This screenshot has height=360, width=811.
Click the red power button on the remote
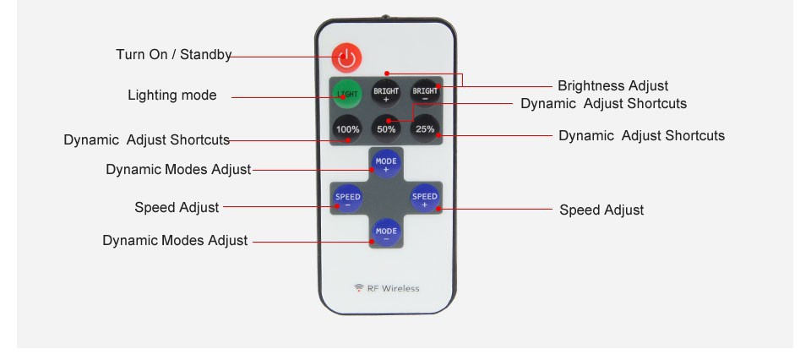click(346, 57)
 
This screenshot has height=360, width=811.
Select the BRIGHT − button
click(425, 93)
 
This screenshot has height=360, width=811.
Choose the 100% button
click(347, 129)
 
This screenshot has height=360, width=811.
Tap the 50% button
click(386, 129)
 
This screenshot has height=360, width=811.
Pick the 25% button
click(425, 129)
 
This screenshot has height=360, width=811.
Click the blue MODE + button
click(386, 164)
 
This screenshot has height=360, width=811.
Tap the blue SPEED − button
click(347, 199)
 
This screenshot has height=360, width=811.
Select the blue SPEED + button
click(425, 199)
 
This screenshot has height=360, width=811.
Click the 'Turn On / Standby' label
click(173, 55)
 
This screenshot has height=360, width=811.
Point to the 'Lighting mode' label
click(172, 95)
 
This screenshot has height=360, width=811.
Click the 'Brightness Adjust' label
click(612, 85)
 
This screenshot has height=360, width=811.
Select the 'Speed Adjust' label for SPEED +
click(601, 210)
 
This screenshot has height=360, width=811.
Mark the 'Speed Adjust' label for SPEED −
click(177, 207)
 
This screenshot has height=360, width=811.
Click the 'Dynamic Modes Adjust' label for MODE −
click(175, 241)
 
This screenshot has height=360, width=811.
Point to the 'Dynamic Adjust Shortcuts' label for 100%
click(146, 139)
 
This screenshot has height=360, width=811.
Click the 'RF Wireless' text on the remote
click(393, 288)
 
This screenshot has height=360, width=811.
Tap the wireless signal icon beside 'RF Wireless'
click(359, 288)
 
